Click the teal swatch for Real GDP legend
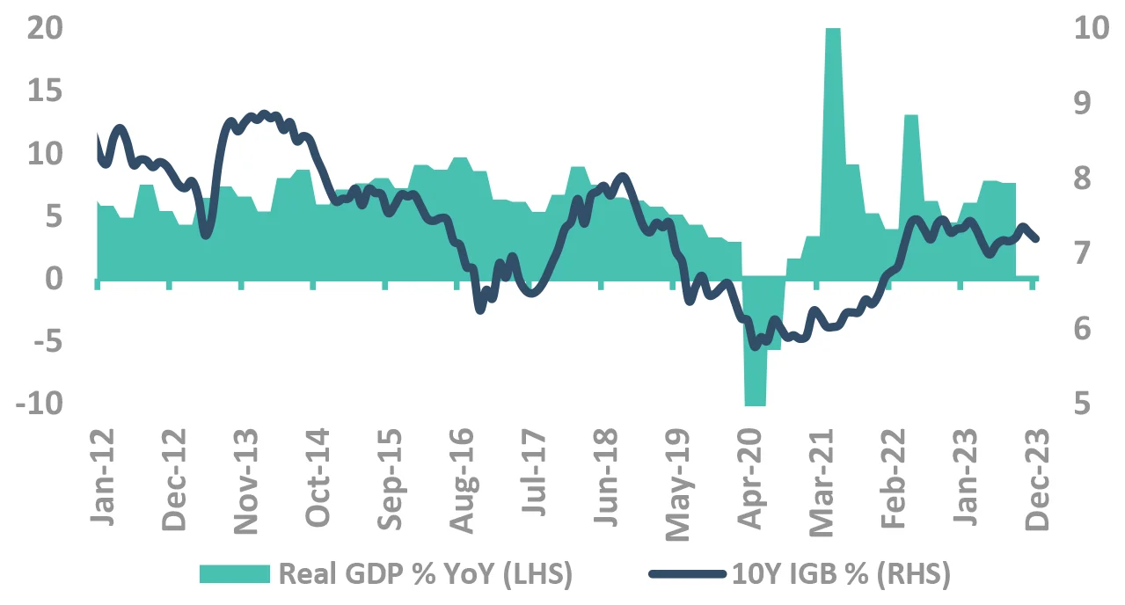point(234,574)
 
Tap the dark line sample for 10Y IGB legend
point(688,574)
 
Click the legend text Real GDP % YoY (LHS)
point(425,574)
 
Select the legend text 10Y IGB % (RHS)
point(840,574)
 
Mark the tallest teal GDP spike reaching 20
point(833,35)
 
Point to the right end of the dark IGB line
point(1037,238)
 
